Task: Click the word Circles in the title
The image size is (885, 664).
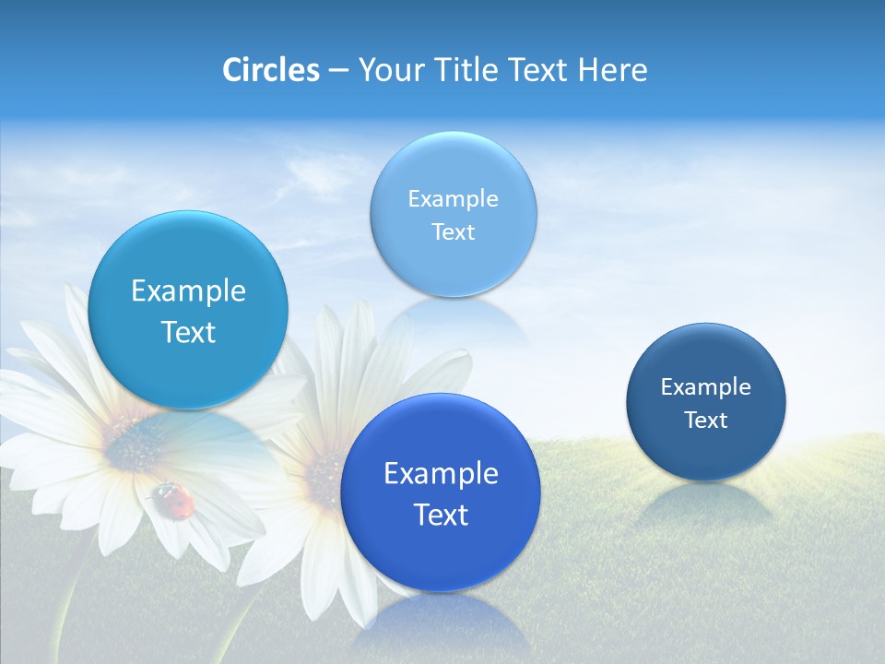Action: point(270,70)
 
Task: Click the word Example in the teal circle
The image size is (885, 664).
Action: point(188,291)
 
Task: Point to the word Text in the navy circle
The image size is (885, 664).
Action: point(705,421)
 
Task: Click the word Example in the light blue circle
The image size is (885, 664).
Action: point(453,199)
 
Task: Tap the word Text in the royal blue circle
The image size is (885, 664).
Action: point(440,515)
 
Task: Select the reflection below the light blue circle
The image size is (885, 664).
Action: point(453,318)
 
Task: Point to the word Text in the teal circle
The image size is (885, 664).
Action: point(188,332)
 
